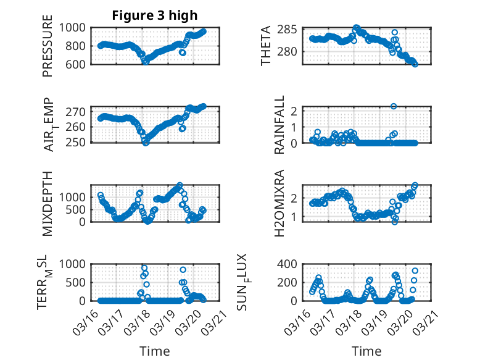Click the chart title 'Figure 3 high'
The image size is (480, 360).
pos(155,15)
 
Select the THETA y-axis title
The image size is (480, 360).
pos(266,46)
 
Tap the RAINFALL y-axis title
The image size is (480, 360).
pos(279,125)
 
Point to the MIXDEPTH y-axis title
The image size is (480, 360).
pos(48,203)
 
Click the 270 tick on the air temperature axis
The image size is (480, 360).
pos(80,112)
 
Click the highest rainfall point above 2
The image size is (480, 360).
pos(394,106)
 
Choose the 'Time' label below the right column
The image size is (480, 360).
pos(366,351)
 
